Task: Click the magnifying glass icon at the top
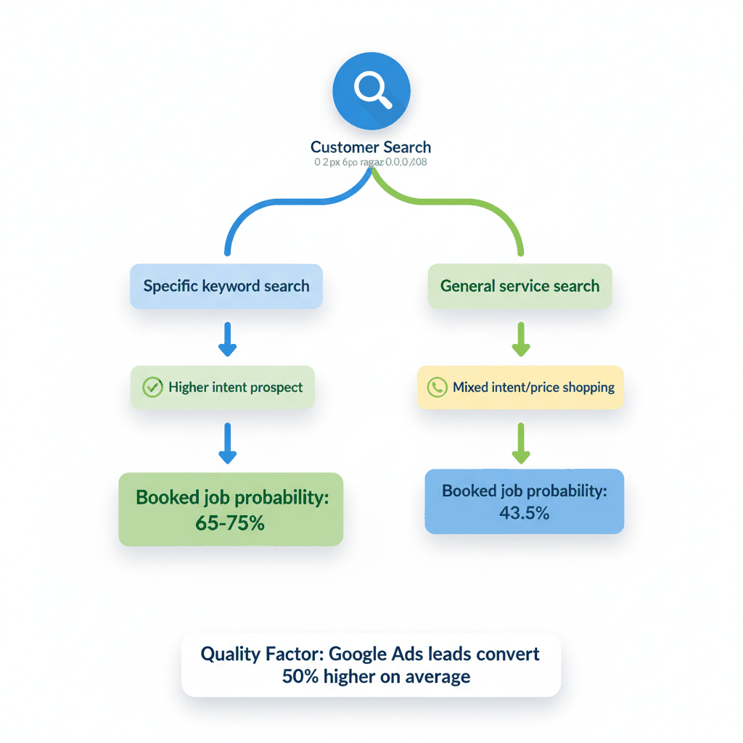pyautogui.click(x=371, y=91)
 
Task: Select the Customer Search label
pyautogui.click(x=371, y=147)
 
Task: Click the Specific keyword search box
pyautogui.click(x=226, y=286)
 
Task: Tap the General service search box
pyautogui.click(x=520, y=286)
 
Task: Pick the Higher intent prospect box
pyautogui.click(x=223, y=387)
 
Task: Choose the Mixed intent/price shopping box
pyautogui.click(x=520, y=387)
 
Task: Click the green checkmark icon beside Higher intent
pyautogui.click(x=152, y=387)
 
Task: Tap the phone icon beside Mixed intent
pyautogui.click(x=436, y=387)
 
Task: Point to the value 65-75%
pyautogui.click(x=230, y=522)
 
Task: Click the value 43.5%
pyautogui.click(x=524, y=513)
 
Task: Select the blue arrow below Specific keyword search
pyautogui.click(x=227, y=339)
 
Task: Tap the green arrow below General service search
pyautogui.click(x=521, y=339)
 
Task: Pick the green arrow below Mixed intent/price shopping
pyautogui.click(x=521, y=444)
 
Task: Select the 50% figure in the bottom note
pyautogui.click(x=297, y=677)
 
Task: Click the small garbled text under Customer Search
pyautogui.click(x=371, y=163)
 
